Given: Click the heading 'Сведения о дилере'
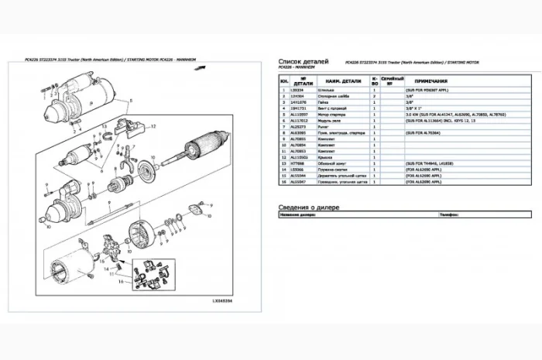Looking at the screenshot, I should click(x=310, y=207).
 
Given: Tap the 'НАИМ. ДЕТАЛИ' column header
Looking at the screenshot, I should click(x=344, y=81).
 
